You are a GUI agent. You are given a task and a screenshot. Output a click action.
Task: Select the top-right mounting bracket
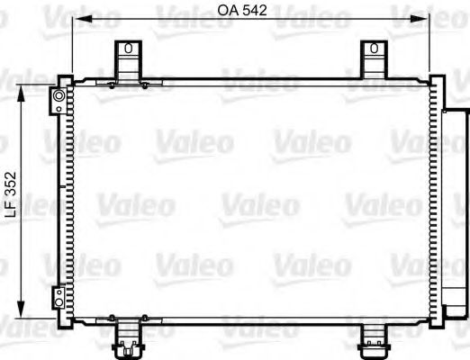pyautogui.click(x=372, y=62)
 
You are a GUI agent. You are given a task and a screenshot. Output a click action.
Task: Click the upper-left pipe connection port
pyautogui.click(x=59, y=94)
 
